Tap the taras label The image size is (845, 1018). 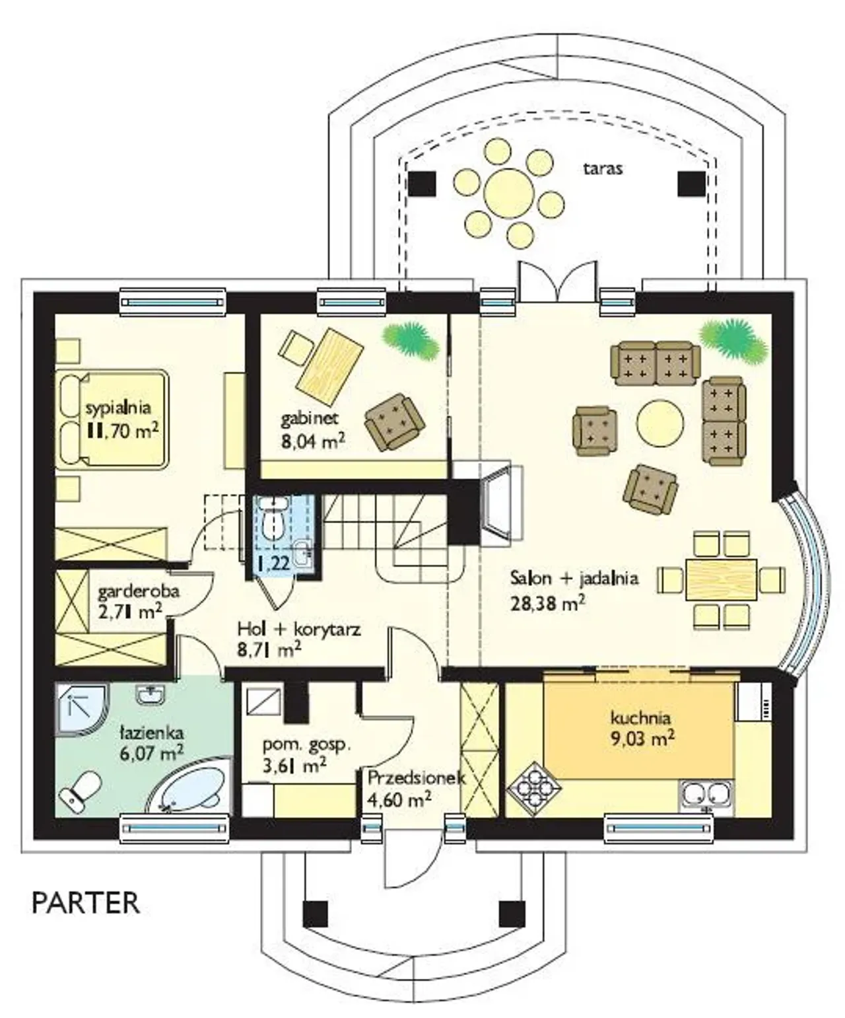[x=603, y=168]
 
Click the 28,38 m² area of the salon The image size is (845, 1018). [x=548, y=604]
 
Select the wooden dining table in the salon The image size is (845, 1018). [x=722, y=580]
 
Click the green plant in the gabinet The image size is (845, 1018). [x=411, y=340]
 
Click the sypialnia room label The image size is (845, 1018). [x=118, y=408]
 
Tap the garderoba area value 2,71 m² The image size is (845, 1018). [x=130, y=612]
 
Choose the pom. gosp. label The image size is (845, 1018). [x=306, y=745]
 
